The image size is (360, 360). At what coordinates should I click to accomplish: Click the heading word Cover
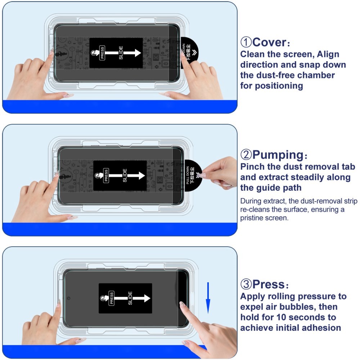coord(269,42)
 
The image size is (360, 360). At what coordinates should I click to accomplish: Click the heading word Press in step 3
coord(268,284)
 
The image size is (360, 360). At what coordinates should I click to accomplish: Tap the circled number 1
coord(246,42)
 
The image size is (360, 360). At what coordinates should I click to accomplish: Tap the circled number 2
coord(246,156)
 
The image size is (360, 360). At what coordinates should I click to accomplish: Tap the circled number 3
coord(246,285)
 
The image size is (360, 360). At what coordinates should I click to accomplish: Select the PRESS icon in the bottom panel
coord(111,298)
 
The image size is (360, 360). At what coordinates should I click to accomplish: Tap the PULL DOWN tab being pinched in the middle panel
coord(192,175)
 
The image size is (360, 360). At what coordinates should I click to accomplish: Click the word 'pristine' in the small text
coord(252,218)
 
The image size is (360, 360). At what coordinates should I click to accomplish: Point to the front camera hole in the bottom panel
coord(69,298)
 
